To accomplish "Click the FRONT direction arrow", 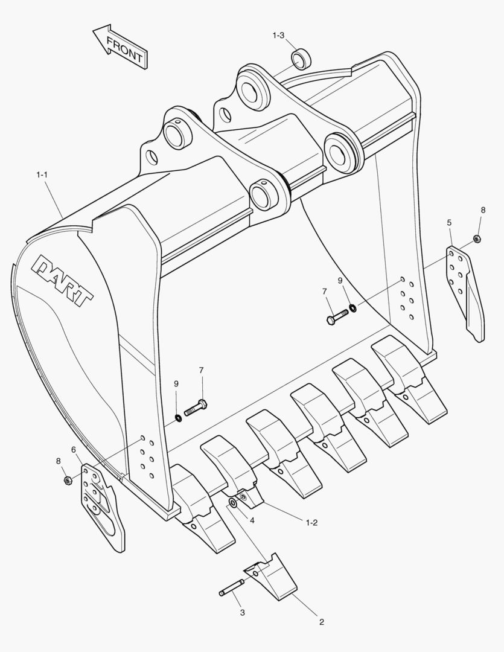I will tap(120, 46).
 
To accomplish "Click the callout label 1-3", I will tap(278, 36).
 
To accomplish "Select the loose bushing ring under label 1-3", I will tap(301, 60).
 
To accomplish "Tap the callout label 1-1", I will tap(42, 175).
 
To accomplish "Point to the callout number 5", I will tap(450, 223).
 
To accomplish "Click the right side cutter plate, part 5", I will tap(466, 290).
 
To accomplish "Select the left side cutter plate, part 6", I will tap(103, 504).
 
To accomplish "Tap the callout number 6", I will tap(74, 449).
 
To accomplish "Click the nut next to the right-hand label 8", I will tap(476, 239).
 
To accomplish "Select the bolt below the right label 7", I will tap(337, 316).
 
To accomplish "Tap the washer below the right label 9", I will tap(352, 308).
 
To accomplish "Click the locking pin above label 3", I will tap(232, 587).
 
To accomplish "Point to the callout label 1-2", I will tap(311, 523).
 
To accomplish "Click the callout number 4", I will tap(252, 520).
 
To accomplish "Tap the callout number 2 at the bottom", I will tap(321, 622).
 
